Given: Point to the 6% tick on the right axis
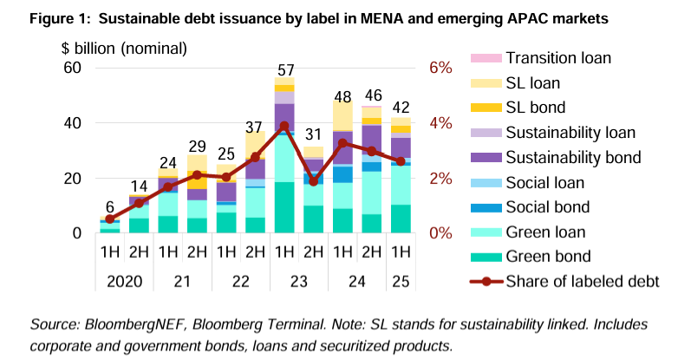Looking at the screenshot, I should [441, 68].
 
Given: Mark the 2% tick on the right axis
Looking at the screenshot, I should [441, 179].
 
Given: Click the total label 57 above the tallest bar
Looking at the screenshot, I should [284, 69].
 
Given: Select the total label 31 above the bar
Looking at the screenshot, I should [314, 135].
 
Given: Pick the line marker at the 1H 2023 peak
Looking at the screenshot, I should [284, 127].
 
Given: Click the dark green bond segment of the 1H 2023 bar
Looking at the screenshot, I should [284, 207].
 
